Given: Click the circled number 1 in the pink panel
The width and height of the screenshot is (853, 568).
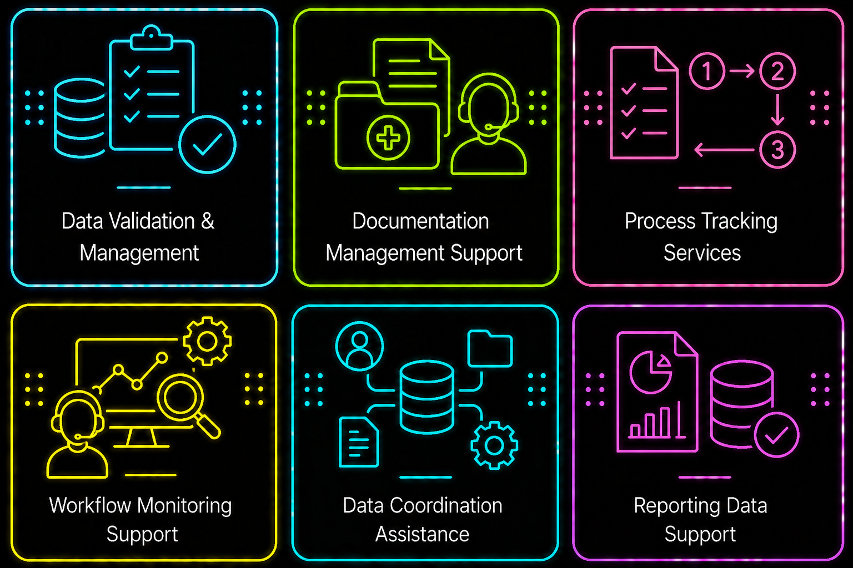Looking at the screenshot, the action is [x=706, y=71].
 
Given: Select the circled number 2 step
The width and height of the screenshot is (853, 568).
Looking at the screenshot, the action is [x=777, y=71].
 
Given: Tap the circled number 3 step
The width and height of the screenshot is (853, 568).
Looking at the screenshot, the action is [x=777, y=150].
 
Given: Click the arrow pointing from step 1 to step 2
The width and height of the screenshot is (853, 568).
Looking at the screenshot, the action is [x=742, y=71].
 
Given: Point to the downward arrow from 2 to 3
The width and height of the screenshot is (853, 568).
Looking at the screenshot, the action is [x=777, y=110].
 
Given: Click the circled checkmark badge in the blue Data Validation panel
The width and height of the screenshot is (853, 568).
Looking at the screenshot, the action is [x=207, y=145].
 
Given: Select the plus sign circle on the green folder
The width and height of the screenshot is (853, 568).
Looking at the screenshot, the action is [x=388, y=138].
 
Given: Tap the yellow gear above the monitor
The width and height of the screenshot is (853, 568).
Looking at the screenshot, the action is [x=207, y=341].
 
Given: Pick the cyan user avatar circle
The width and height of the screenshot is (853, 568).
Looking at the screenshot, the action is [x=359, y=346].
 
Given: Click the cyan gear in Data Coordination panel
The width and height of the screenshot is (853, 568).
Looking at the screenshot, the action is [x=494, y=445].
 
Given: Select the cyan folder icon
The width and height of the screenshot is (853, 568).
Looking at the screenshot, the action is [x=490, y=348].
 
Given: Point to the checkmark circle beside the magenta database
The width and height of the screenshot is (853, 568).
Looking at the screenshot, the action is [x=776, y=435].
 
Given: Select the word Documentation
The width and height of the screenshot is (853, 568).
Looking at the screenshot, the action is [x=420, y=221].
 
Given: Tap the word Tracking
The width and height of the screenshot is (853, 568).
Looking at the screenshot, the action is [x=740, y=222].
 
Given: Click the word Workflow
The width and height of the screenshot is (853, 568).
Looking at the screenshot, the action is [x=91, y=505].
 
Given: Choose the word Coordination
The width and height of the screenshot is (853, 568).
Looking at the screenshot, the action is [x=446, y=505].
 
